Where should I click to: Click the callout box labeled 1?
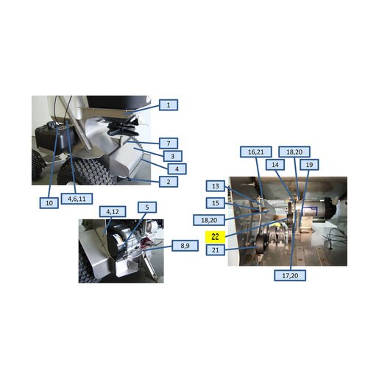click(169, 105)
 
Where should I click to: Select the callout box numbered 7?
click(169, 144)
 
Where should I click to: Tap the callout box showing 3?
click(173, 156)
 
